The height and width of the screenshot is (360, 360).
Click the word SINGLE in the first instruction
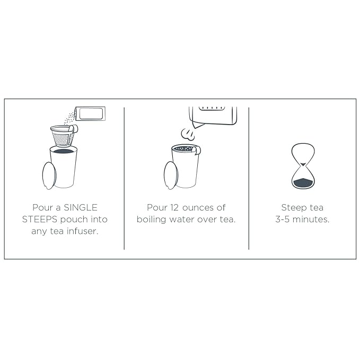[81, 207]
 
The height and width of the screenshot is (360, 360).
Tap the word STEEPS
[39, 219]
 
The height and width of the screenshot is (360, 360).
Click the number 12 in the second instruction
[174, 207]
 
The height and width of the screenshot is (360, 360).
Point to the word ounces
[198, 208]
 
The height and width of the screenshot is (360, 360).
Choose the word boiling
[151, 220]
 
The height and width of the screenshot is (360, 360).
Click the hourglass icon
[303, 166]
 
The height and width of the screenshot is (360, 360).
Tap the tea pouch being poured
[91, 113]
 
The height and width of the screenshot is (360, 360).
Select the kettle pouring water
[213, 117]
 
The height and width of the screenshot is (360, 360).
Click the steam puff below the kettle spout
[188, 134]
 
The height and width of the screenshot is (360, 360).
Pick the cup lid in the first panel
[49, 175]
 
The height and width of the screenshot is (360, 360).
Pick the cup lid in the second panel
[171, 175]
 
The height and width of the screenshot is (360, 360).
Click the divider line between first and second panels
[124, 178]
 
